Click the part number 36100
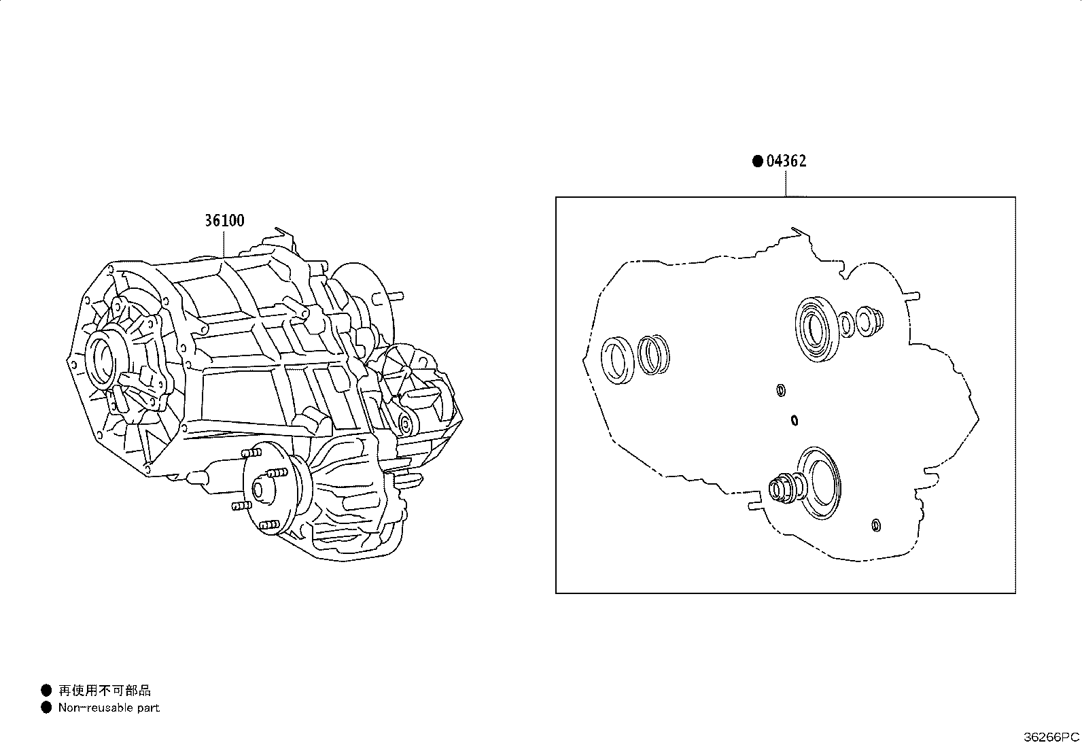[x=224, y=221]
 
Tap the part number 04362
[x=786, y=161]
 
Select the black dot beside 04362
[x=757, y=161]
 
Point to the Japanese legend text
[x=105, y=691]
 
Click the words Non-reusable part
[x=109, y=708]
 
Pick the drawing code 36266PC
[x=1051, y=737]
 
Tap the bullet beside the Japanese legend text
[x=46, y=691]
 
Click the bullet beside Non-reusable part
[x=46, y=708]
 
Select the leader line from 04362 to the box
[x=786, y=183]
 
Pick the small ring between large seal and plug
[x=846, y=324]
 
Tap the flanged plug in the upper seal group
[x=870, y=321]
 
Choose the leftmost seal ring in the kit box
[x=617, y=360]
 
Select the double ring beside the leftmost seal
[x=653, y=354]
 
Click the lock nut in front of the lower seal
[x=786, y=489]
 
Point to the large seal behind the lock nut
[x=820, y=483]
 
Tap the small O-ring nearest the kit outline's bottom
[x=876, y=525]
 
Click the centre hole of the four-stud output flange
[x=258, y=490]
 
